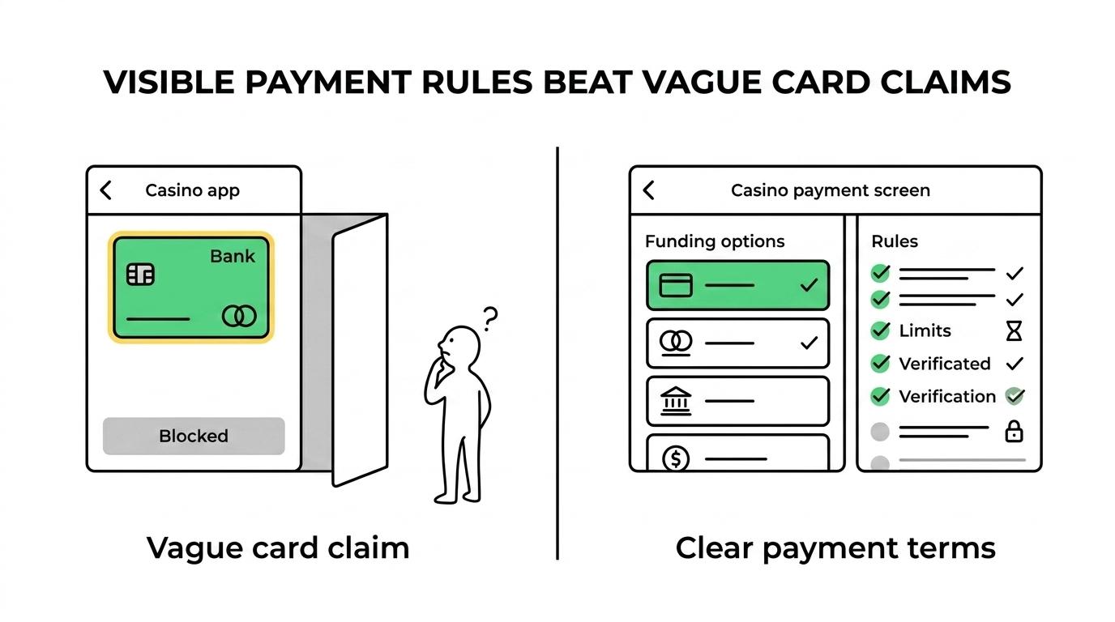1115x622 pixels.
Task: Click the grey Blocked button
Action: pos(194,436)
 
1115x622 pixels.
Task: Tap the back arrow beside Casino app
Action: pos(105,190)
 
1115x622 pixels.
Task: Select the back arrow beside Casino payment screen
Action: pos(648,190)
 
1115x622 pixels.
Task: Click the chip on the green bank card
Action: pos(140,275)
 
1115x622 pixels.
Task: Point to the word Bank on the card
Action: pos(233,256)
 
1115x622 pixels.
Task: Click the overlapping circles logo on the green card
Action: pos(239,316)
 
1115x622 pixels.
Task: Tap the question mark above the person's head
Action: pos(490,319)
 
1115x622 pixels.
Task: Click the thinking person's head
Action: pos(459,346)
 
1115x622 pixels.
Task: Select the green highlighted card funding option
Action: pos(737,285)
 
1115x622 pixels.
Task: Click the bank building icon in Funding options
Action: pos(676,401)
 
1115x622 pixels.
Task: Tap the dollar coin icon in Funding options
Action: pos(676,458)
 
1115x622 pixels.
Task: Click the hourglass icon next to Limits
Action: pos(1014,331)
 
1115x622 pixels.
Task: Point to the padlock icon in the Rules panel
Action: pos(1014,432)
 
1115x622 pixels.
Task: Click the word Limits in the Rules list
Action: pos(925,331)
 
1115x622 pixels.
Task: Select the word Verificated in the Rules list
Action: pos(945,364)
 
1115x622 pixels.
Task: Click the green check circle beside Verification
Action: pos(880,396)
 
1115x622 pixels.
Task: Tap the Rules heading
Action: pos(895,241)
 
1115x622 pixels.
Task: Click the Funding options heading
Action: pos(715,242)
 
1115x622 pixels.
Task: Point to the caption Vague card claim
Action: pos(278,548)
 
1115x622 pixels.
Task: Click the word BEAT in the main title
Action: pos(587,82)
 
